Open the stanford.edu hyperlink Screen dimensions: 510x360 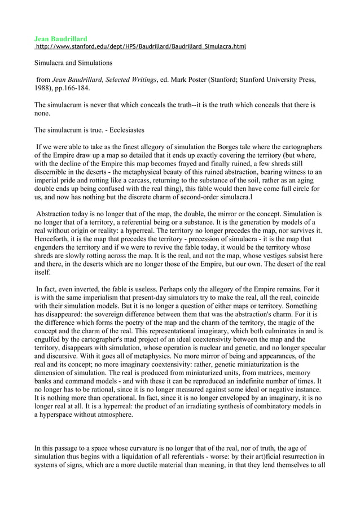[x=141, y=46]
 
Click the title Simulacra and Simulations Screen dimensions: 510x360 [x=74, y=63]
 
